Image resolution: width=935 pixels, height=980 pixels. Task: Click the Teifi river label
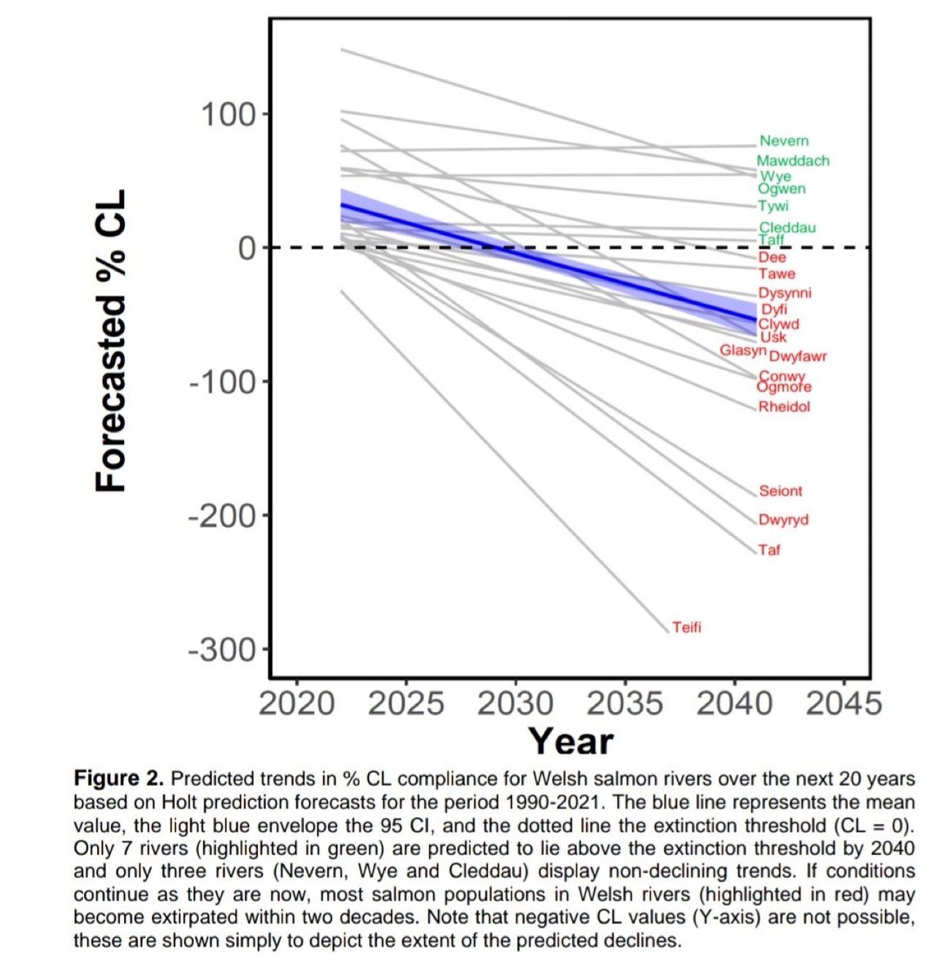click(686, 628)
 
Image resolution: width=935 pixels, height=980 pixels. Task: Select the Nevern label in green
click(783, 141)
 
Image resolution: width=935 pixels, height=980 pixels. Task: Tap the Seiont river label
click(780, 492)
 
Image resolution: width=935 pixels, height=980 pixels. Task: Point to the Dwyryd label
click(783, 520)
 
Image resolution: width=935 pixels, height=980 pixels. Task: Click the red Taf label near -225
click(769, 550)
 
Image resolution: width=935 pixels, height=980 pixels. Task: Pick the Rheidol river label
click(784, 407)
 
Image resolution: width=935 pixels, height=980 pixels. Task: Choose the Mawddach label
click(792, 162)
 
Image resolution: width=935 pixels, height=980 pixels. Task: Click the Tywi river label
click(773, 207)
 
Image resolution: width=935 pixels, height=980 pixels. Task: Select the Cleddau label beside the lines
click(787, 228)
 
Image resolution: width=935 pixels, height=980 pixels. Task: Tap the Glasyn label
click(742, 350)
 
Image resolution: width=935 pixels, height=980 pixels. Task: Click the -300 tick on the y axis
click(222, 650)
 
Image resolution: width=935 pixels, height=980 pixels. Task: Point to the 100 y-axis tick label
click(226, 114)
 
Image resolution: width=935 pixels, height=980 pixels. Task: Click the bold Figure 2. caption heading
click(118, 777)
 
